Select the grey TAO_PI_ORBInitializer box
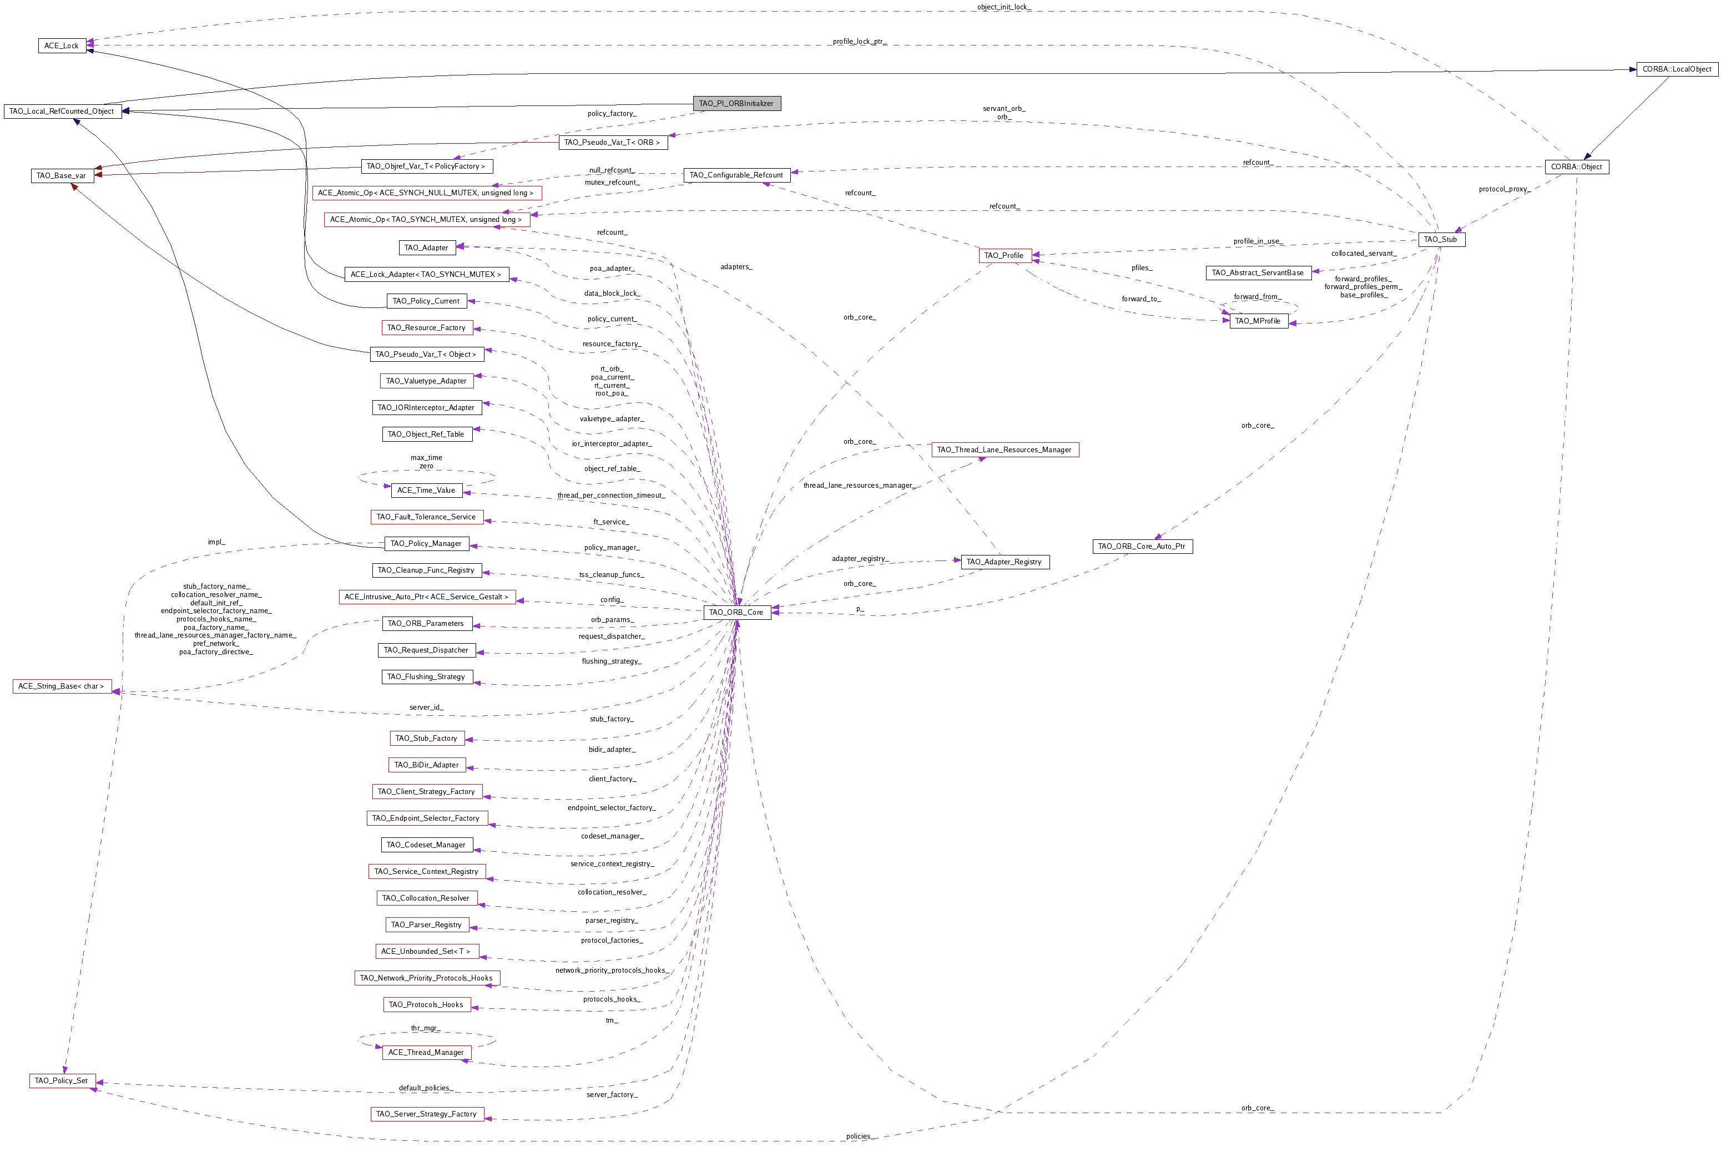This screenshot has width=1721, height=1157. pyautogui.click(x=736, y=103)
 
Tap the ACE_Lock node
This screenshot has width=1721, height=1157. pyautogui.click(x=62, y=46)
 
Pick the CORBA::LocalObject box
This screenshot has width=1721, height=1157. pyautogui.click(x=1677, y=69)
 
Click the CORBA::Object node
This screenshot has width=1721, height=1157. pyautogui.click(x=1576, y=167)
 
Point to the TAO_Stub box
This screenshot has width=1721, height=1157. pyautogui.click(x=1441, y=239)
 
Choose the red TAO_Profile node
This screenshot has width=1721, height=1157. pyautogui.click(x=1005, y=255)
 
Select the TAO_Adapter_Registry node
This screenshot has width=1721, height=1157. pyautogui.click(x=1005, y=562)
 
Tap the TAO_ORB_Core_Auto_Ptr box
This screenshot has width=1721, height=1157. pyautogui.click(x=1142, y=546)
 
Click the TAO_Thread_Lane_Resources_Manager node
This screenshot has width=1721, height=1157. pyautogui.click(x=1005, y=449)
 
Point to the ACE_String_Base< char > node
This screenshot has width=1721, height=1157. pyautogui.click(x=61, y=686)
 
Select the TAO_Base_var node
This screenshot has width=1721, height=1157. pyautogui.click(x=62, y=175)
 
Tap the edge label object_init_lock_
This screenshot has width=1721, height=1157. pyautogui.click(x=1003, y=7)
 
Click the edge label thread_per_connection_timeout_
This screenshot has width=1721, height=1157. pyautogui.click(x=611, y=495)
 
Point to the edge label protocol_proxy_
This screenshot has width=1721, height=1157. pyautogui.click(x=1504, y=189)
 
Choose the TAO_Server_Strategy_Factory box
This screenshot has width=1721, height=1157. pyautogui.click(x=427, y=1114)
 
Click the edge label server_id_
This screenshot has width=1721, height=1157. pyautogui.click(x=427, y=707)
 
